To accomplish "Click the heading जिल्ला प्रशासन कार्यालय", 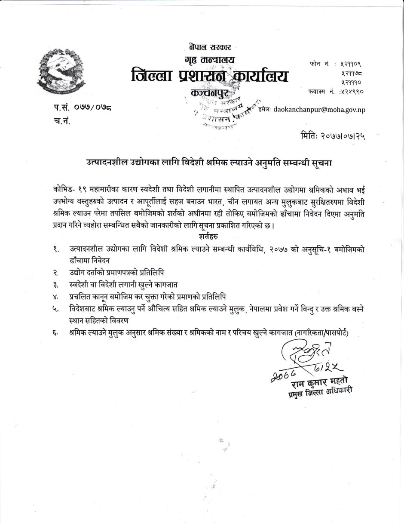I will (x=210, y=77).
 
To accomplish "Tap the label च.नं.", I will (x=61, y=121).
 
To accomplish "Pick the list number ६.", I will (x=56, y=333).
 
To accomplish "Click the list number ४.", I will (x=56, y=297).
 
